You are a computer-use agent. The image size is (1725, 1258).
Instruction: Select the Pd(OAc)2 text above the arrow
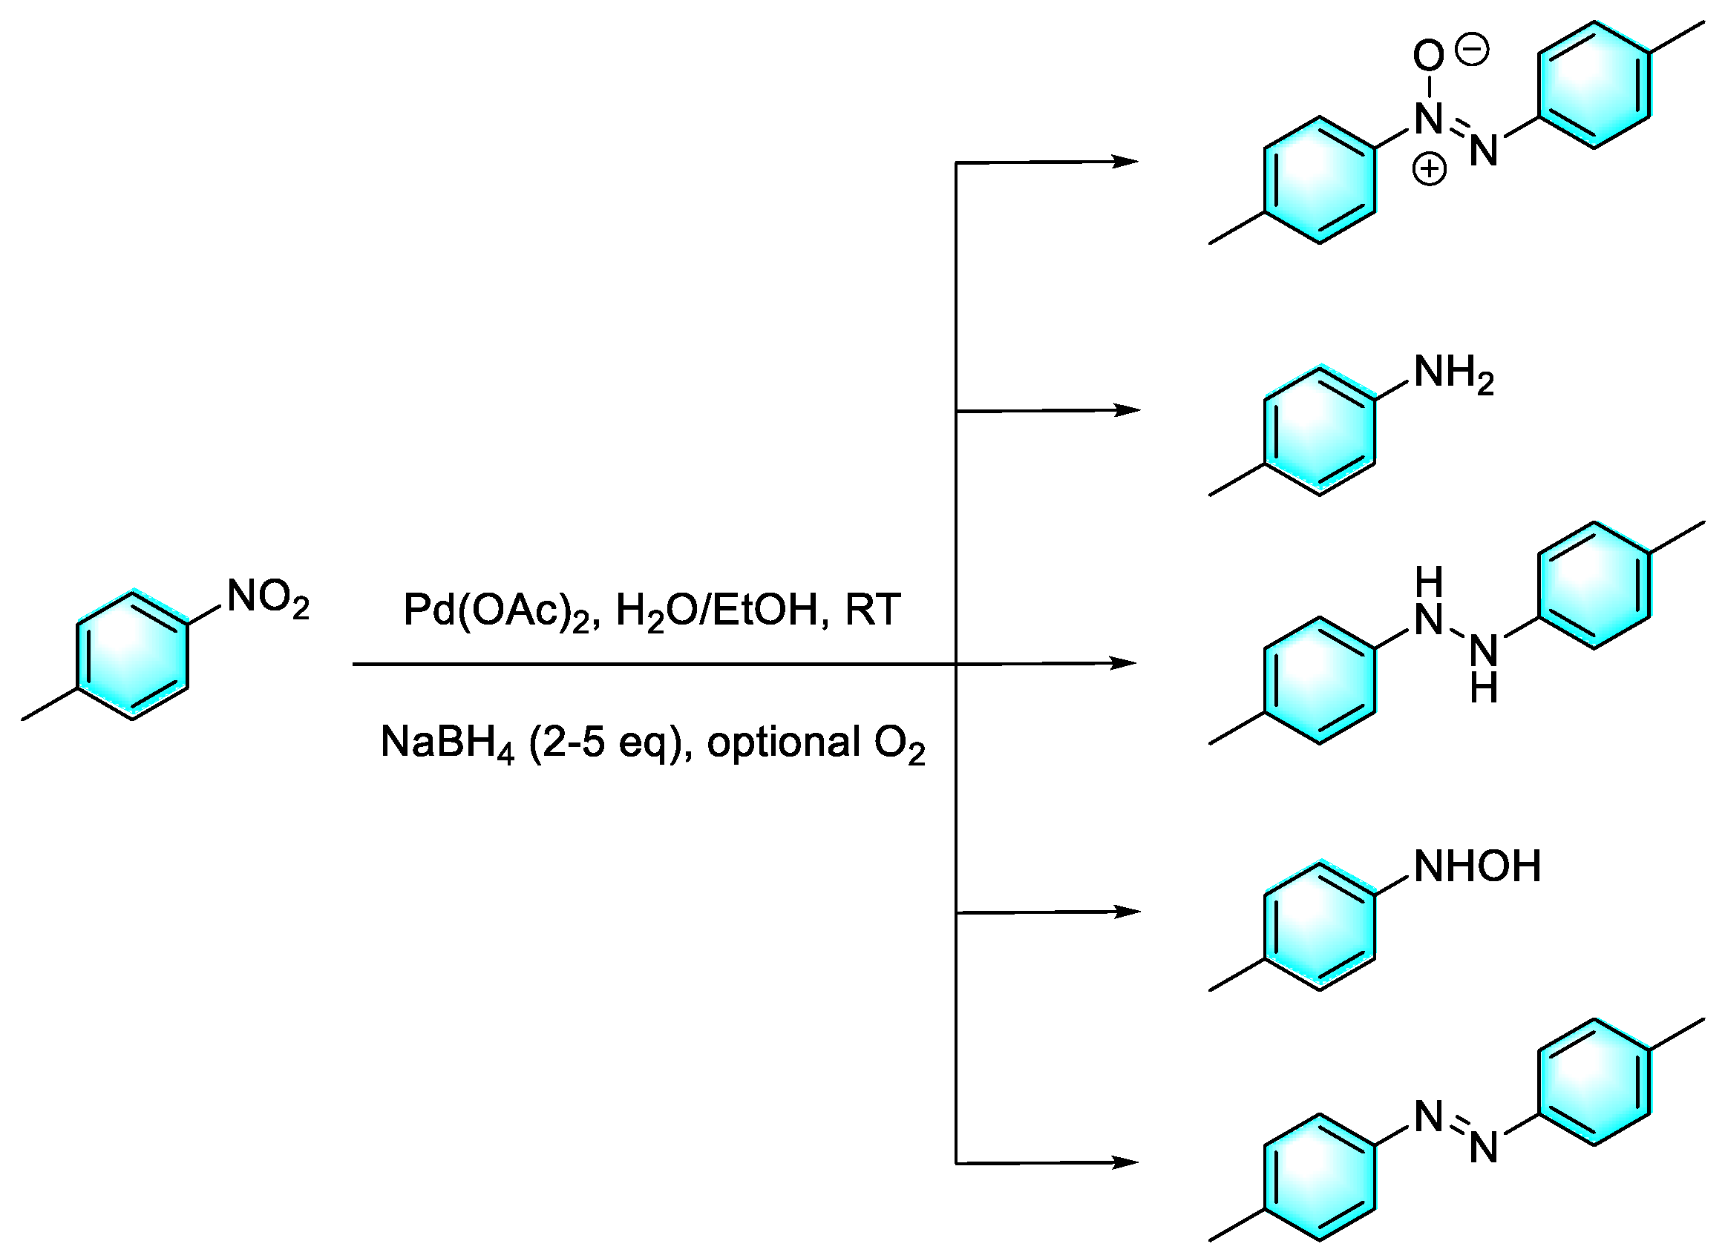point(496,611)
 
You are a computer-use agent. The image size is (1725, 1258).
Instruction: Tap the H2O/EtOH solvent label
point(716,611)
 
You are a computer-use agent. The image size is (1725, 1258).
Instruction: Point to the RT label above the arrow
point(872,610)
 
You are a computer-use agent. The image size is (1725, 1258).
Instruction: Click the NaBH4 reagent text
point(447,743)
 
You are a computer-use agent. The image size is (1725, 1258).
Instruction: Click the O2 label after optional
point(899,745)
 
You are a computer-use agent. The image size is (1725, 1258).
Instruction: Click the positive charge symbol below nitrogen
point(1429,168)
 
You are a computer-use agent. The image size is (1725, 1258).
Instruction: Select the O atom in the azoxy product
point(1428,56)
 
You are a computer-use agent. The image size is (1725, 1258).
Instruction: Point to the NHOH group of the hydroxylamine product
point(1476,867)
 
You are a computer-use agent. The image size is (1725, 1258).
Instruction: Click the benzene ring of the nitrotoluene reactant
point(132,656)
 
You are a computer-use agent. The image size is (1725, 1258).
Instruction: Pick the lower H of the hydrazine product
point(1484,690)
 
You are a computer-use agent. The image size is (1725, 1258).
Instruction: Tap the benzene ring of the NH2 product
point(1319,432)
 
